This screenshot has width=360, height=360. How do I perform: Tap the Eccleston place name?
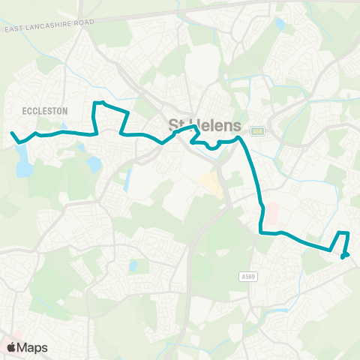point(44,111)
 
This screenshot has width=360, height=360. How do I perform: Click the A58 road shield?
point(257,130)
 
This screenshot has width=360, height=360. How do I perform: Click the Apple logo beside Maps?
point(11,347)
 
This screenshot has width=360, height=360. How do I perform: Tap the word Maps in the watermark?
point(32,347)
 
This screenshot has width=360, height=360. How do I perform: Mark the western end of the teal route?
point(11,133)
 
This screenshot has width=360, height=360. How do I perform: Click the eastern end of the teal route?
point(343,257)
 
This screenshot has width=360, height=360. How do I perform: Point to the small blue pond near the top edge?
point(280,24)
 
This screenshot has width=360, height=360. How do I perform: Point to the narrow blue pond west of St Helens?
point(127,178)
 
